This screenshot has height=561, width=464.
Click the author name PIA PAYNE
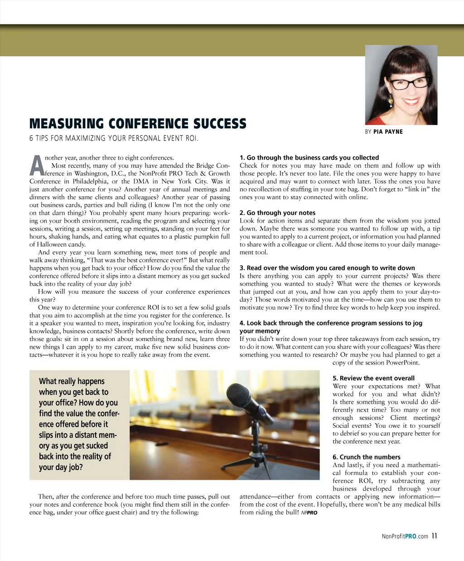pos(388,132)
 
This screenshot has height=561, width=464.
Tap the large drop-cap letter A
pos(37,166)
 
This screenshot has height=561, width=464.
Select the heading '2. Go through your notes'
pos(277,213)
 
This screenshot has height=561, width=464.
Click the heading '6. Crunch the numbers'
pos(367,457)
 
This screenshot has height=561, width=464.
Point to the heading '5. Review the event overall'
pos(373,378)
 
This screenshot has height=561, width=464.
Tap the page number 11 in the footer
pos(435,536)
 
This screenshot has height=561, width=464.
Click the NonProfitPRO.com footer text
pos(405,537)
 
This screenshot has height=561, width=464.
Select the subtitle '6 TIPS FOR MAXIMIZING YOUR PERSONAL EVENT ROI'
pos(114,138)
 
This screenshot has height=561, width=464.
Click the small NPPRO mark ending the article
pos(309,513)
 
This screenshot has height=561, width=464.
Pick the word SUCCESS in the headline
pos(220,124)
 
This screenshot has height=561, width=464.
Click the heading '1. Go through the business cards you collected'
pos(309,158)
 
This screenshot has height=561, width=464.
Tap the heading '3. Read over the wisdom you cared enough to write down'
pos(327,268)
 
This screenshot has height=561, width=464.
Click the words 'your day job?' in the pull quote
pos(61,467)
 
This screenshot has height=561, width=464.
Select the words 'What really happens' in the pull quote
pos(72,381)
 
